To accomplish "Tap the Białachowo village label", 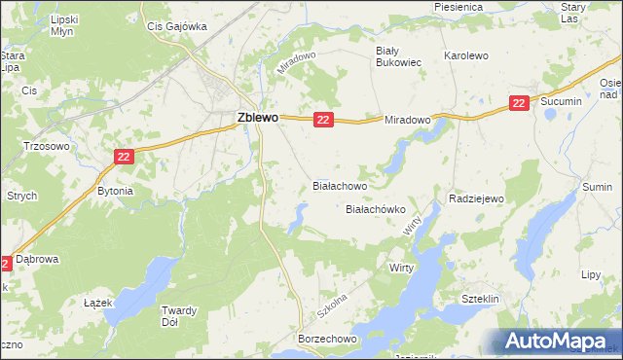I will (339, 184).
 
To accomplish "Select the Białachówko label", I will (376, 209).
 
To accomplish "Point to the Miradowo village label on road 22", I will (407, 120).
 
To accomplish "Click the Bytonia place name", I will (115, 192).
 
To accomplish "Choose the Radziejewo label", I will (475, 198).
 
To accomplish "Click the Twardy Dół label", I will (178, 317).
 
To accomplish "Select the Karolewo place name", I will (465, 56).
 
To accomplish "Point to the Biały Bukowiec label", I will (398, 55).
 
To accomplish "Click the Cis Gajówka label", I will (176, 27).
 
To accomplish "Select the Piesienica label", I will (459, 8).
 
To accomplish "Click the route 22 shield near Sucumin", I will (519, 102).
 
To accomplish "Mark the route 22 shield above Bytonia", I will (123, 156).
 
